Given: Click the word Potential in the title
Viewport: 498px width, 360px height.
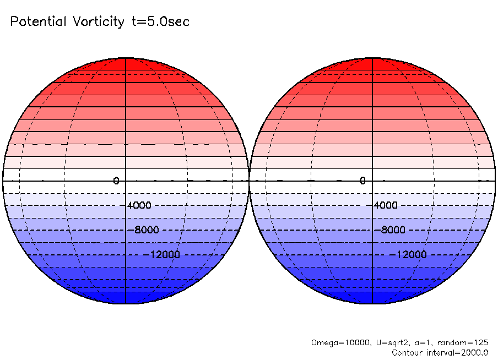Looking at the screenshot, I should coord(39,22).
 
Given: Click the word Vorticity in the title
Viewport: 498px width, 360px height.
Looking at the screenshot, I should coord(98,22).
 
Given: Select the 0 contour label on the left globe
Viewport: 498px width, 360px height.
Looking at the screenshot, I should coord(116,181).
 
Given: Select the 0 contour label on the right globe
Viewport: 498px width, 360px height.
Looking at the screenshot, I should coord(362,181).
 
